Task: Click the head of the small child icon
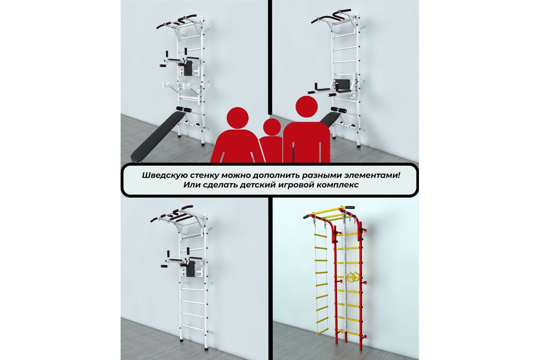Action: point(272,127)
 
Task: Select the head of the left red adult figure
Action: point(238,118)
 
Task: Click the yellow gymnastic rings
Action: point(352,277)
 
